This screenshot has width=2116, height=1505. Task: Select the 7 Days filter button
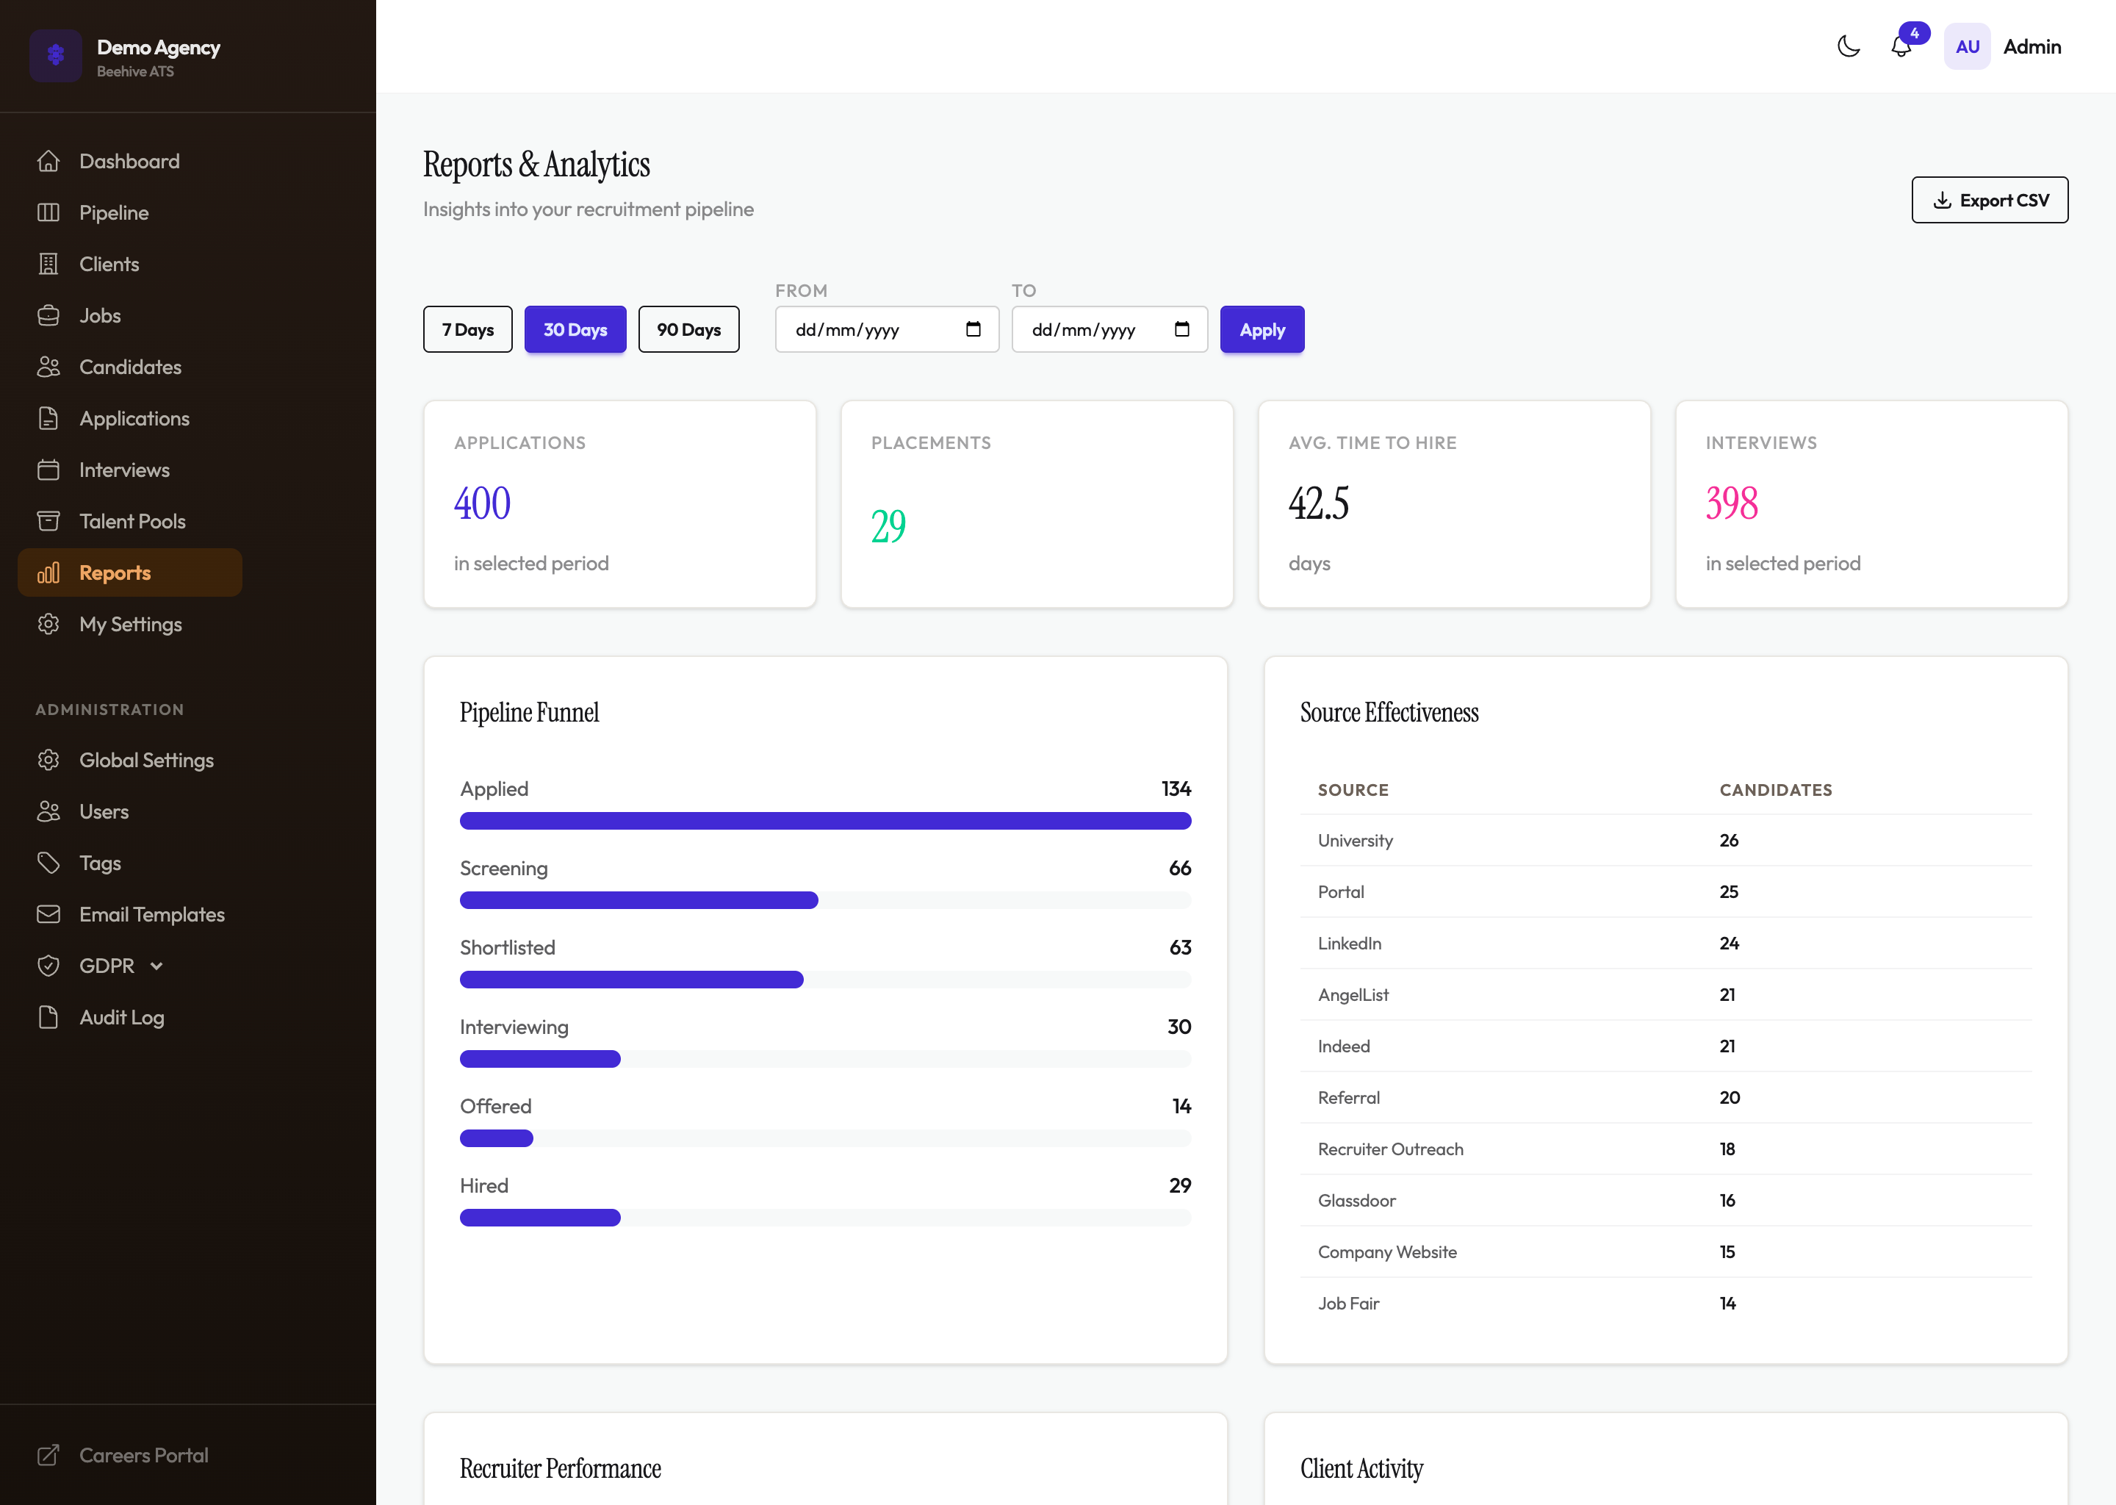coord(467,330)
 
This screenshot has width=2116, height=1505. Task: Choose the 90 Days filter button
coord(688,330)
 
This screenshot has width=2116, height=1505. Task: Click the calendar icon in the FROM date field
coord(973,330)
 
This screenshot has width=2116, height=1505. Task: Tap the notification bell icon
coord(1900,47)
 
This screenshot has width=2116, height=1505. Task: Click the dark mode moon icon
coord(1849,46)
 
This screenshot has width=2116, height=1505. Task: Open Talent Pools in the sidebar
coord(132,522)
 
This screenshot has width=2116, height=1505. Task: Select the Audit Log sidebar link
coord(121,1018)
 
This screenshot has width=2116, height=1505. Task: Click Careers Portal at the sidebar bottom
coord(143,1455)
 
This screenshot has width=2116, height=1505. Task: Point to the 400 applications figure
coord(482,503)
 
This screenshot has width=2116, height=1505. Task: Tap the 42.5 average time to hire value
coord(1318,503)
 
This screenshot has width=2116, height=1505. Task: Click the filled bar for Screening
coord(638,900)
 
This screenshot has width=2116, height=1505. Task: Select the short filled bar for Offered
coord(497,1138)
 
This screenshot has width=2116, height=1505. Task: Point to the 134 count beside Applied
coord(1175,789)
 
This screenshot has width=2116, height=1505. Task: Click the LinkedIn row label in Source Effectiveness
coord(1349,944)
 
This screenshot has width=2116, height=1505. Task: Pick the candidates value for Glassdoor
coord(1727,1200)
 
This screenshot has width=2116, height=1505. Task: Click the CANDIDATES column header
coord(1775,791)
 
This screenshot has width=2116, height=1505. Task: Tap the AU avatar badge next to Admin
coord(1967,47)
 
